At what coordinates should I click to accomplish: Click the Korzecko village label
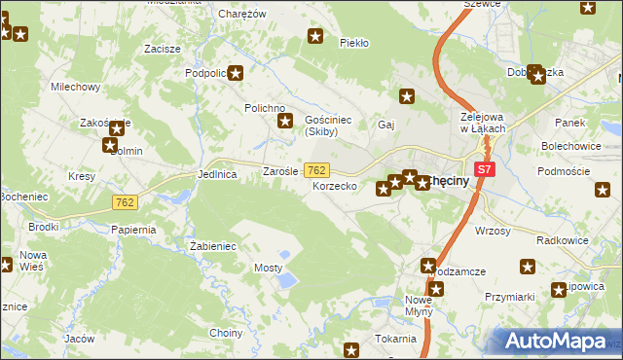coord(335,185)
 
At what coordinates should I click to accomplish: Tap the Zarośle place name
coord(282,171)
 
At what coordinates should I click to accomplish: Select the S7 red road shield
coord(486,169)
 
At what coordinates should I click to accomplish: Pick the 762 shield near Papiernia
coord(124,202)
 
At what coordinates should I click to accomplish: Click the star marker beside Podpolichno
coord(235,72)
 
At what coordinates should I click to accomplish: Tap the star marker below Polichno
coord(285,122)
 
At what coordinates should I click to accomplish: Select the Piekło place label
coord(353,43)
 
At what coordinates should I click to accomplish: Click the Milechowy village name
coord(76,87)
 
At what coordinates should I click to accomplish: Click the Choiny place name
coord(226,333)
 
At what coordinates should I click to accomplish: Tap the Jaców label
coord(79,339)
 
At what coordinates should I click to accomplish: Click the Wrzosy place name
coord(492,231)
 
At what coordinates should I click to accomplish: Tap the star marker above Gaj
coord(408,95)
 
